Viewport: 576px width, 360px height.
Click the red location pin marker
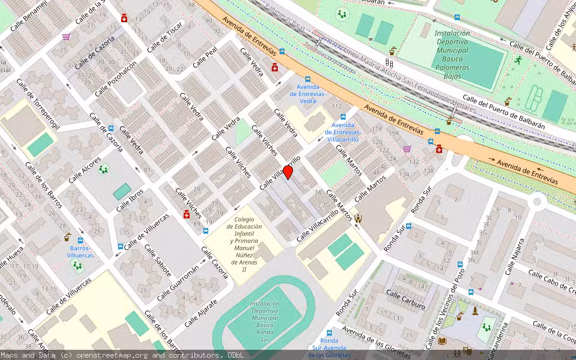click(x=288, y=173)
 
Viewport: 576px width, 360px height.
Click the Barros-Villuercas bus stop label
click(x=81, y=251)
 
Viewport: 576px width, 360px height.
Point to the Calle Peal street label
click(x=205, y=59)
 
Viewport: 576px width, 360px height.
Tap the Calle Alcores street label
click(x=85, y=170)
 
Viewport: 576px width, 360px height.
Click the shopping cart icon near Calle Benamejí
click(x=66, y=37)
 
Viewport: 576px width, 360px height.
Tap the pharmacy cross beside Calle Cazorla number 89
click(x=187, y=215)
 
